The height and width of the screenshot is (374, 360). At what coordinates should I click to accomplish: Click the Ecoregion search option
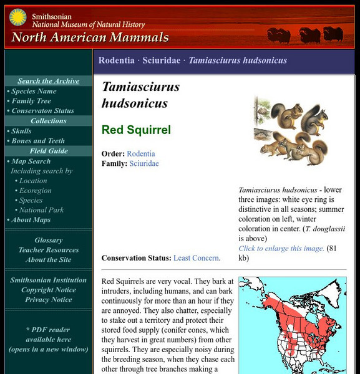coord(35,191)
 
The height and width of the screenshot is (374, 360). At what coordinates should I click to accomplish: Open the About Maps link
coord(31,220)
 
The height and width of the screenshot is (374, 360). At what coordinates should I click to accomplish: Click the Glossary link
coord(49,240)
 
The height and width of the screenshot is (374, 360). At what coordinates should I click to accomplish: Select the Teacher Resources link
coord(49,250)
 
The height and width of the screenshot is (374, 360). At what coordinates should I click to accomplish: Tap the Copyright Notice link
coord(49,290)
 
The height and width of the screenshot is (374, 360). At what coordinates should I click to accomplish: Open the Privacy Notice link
coord(49,300)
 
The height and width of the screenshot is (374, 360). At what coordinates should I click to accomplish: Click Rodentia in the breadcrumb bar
coord(116,60)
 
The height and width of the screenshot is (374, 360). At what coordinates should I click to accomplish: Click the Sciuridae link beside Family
coord(144,163)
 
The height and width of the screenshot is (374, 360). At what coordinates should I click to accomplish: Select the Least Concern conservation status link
coord(196,258)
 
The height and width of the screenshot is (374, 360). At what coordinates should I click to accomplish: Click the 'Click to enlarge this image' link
coord(281,248)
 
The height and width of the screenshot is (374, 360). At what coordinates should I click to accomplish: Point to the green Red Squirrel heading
coord(136,130)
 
